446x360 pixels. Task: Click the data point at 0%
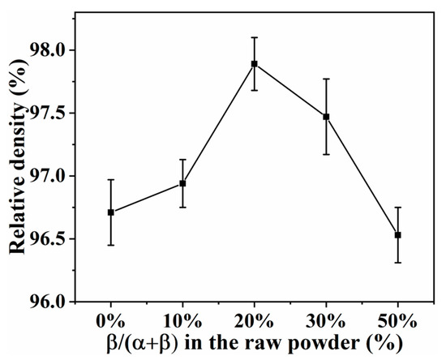click(x=110, y=212)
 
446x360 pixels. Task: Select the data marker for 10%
click(x=182, y=183)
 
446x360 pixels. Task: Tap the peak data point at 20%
click(x=254, y=63)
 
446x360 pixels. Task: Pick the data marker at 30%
click(x=326, y=117)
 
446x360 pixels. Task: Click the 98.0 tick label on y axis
click(x=57, y=50)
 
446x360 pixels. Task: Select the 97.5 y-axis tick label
click(x=57, y=114)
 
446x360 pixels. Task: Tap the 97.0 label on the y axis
click(x=57, y=176)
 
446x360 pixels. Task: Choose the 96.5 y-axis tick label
click(x=57, y=239)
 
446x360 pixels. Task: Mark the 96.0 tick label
click(x=57, y=302)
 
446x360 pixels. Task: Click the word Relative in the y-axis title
click(x=21, y=218)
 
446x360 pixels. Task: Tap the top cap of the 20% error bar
click(x=254, y=37)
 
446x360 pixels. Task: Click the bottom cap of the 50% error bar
click(x=397, y=263)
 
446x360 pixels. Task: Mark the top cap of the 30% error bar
click(x=326, y=79)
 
